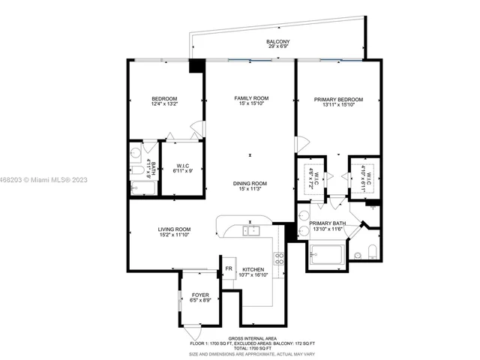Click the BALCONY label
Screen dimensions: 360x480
tap(277, 42)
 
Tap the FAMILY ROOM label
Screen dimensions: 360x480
tap(251, 99)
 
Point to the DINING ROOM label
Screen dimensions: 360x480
tap(251, 183)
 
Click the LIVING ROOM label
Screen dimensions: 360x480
tap(173, 229)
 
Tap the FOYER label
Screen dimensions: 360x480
tap(199, 295)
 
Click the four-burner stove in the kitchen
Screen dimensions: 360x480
tap(279, 259)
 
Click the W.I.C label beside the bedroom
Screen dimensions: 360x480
tap(183, 166)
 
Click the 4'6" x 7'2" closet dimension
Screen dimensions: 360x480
tap(315, 178)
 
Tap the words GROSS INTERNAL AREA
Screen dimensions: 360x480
tap(250, 339)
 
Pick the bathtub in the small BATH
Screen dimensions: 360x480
tap(139, 183)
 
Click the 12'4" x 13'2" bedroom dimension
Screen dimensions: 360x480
tap(164, 105)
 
